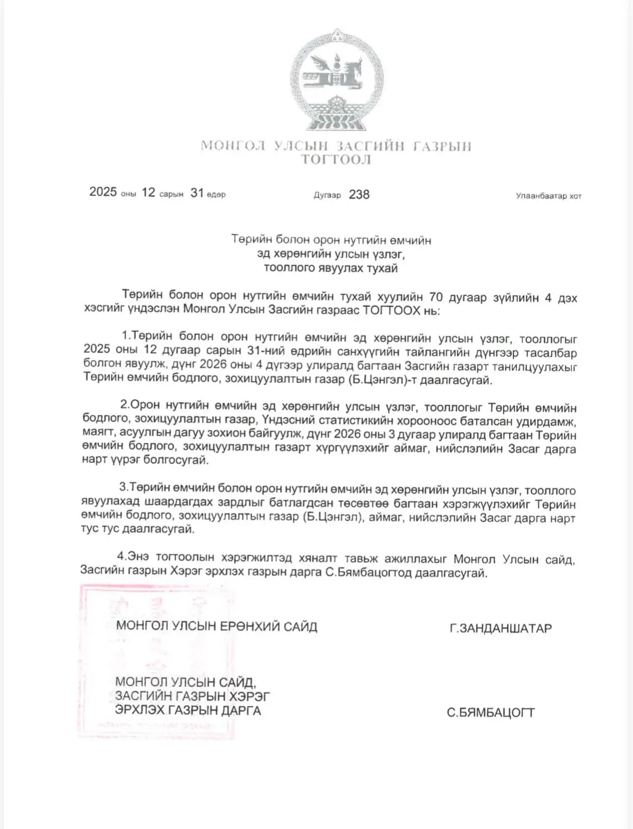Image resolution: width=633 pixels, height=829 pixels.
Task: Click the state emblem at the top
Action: [336, 80]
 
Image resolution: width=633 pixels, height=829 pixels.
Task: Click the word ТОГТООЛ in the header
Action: [336, 160]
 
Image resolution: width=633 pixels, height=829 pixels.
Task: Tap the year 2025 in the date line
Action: [103, 192]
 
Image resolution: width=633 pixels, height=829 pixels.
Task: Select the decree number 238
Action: [359, 194]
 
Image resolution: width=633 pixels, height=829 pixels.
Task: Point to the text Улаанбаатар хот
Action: [549, 196]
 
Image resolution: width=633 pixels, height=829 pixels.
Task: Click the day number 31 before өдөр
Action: [197, 193]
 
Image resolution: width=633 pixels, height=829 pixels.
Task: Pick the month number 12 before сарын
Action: [148, 193]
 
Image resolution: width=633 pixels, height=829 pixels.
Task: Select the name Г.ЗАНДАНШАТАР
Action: [500, 628]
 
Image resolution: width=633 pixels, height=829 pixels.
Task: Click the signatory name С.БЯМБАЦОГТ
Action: [490, 713]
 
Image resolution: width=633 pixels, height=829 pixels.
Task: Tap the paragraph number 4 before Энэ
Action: [120, 556]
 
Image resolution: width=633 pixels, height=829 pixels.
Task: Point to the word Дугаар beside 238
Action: [327, 195]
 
